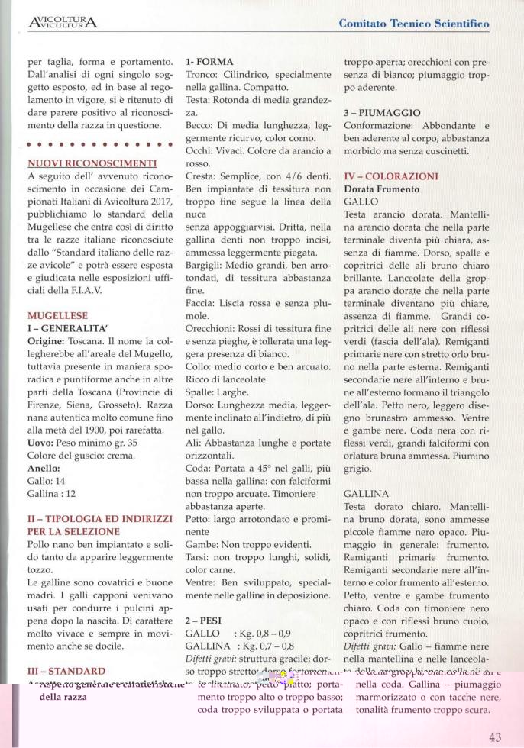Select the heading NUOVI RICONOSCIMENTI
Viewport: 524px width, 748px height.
pos(92,163)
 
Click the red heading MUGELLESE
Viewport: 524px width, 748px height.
pos(57,315)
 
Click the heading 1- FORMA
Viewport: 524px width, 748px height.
pos(209,61)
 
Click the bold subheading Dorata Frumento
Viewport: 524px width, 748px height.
pos(381,189)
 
